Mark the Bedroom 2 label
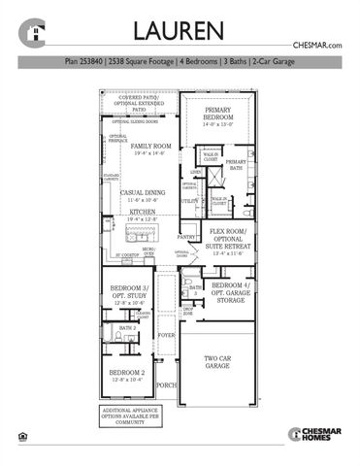[126, 374]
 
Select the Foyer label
[166, 337]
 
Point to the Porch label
[166, 384]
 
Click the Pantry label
[185, 236]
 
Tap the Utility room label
[189, 201]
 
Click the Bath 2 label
[126, 329]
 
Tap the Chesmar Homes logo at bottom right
[311, 434]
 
